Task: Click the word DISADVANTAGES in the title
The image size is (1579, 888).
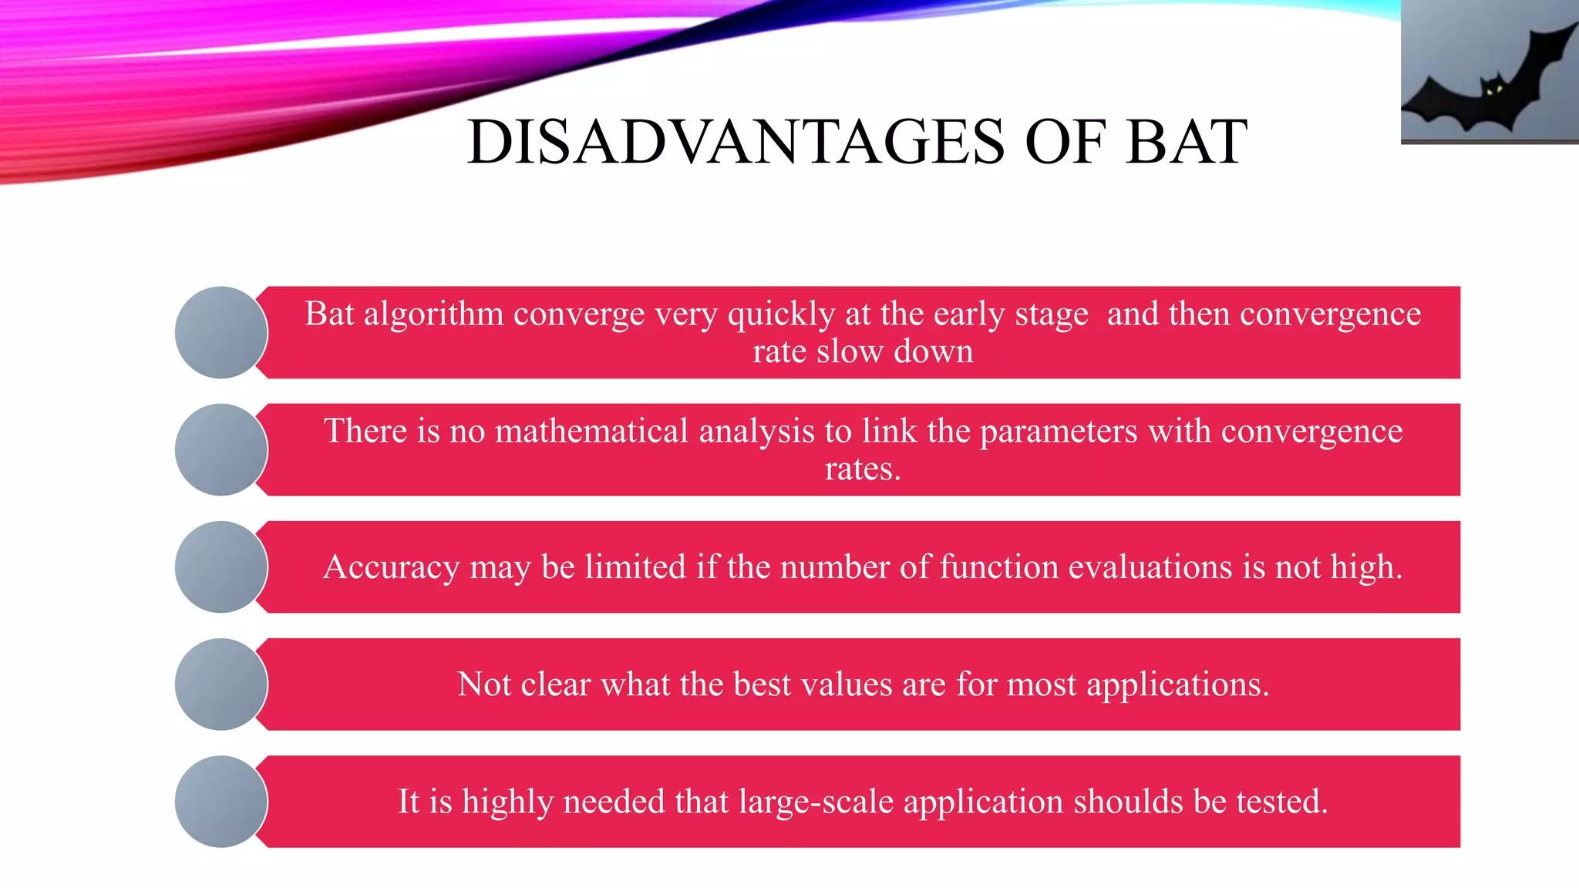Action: click(736, 143)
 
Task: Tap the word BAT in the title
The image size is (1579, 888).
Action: click(1187, 143)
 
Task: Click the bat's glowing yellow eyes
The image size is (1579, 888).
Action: click(1494, 90)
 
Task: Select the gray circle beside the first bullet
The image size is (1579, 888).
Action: click(221, 332)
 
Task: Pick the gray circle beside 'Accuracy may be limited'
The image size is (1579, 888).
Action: click(221, 567)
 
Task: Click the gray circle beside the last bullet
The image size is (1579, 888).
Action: click(221, 802)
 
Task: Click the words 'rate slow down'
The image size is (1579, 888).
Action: click(863, 352)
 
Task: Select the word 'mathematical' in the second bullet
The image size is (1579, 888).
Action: click(591, 431)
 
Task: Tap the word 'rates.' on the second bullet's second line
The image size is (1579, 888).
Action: click(863, 469)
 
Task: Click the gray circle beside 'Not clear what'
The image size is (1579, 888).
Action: click(221, 684)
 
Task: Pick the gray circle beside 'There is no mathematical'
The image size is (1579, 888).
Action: click(221, 449)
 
